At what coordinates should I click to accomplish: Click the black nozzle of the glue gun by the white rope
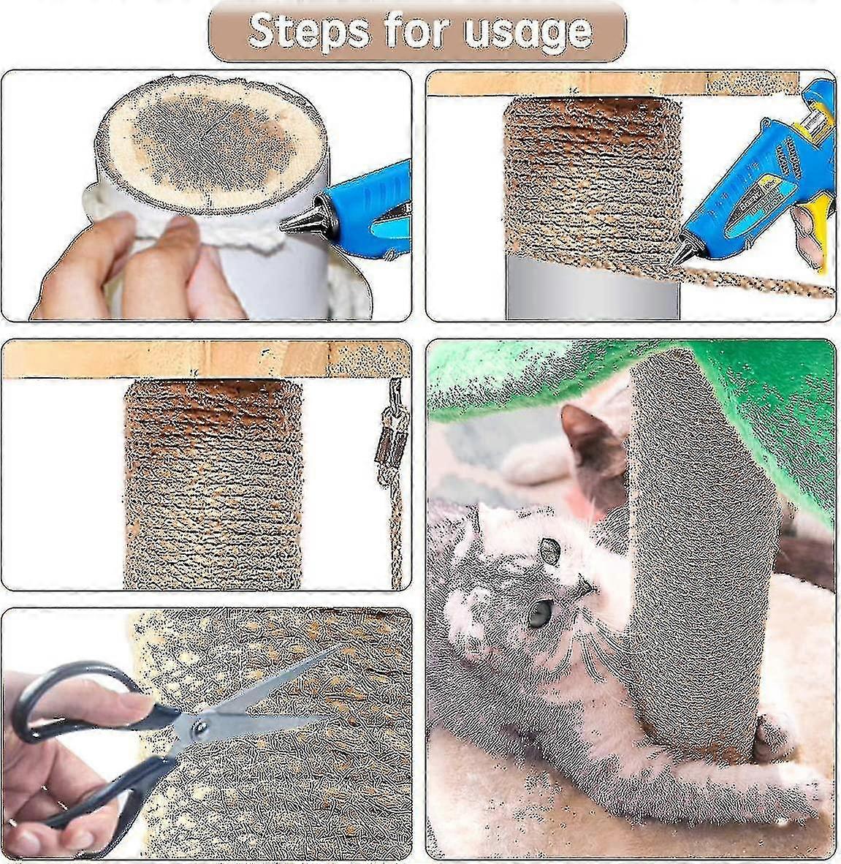click(x=301, y=220)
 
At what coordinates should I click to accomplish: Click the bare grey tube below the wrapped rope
click(x=592, y=289)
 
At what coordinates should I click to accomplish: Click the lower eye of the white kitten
click(x=539, y=613)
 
